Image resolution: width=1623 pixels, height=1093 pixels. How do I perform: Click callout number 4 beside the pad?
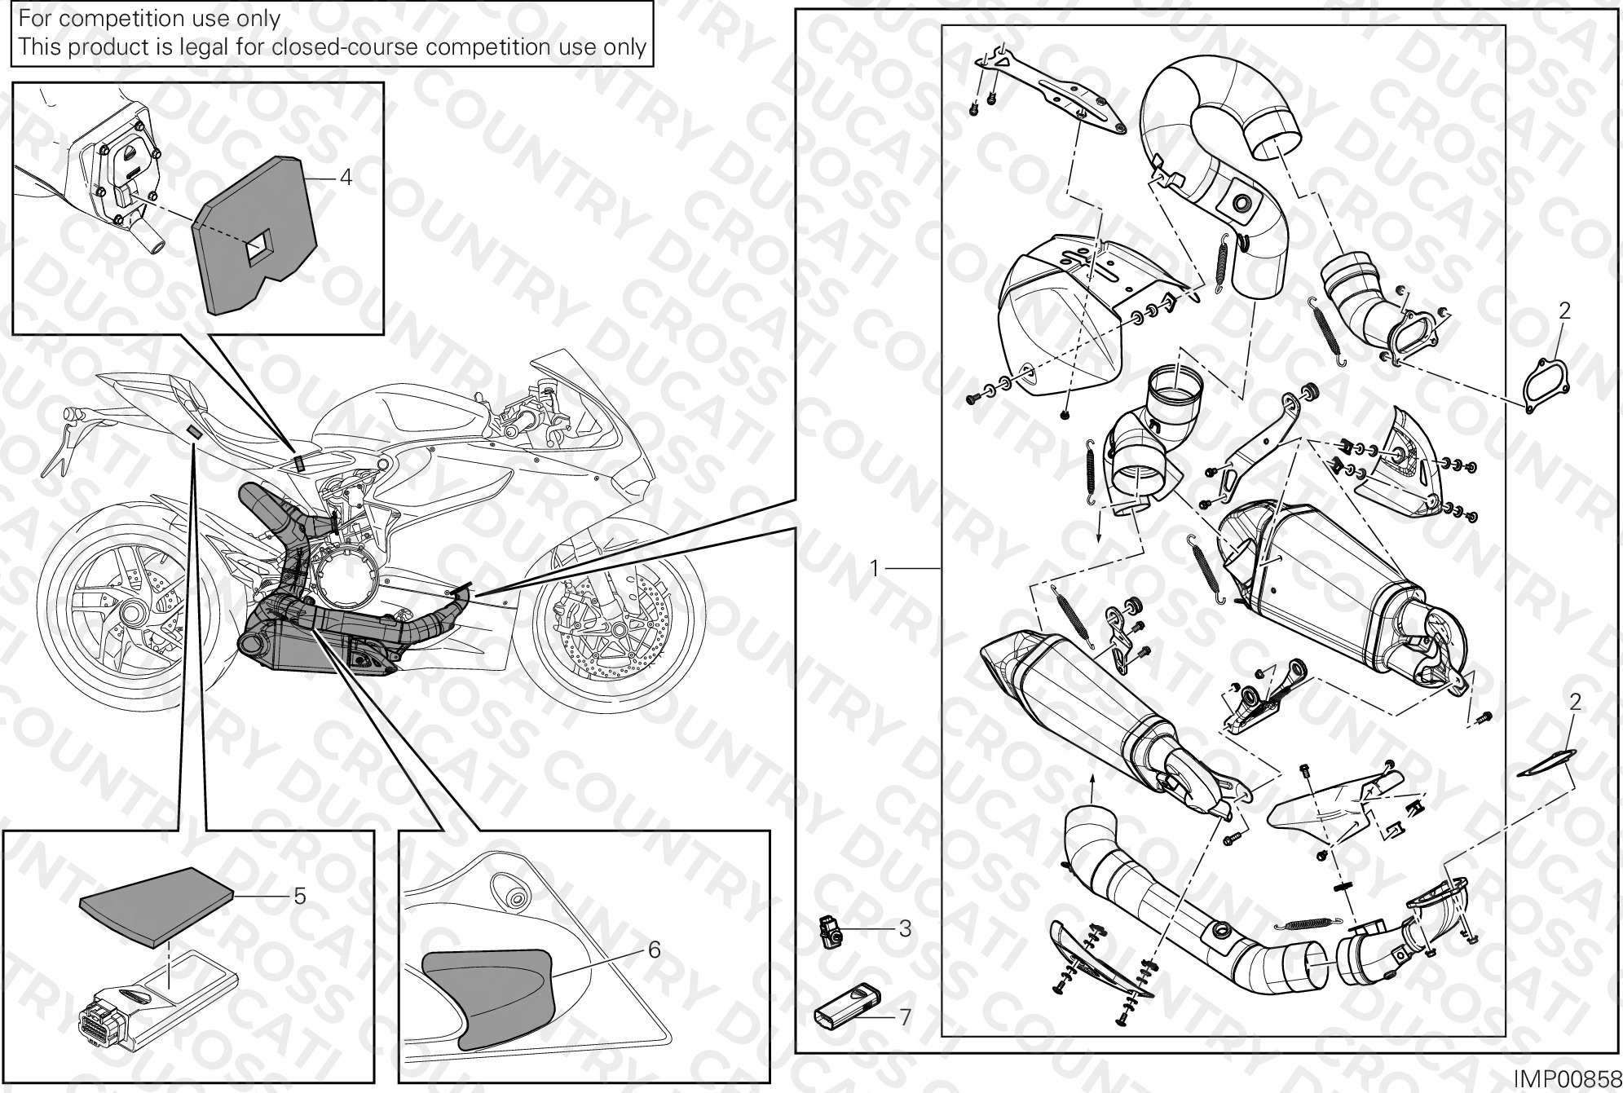(346, 177)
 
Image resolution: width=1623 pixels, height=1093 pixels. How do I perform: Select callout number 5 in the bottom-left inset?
(300, 896)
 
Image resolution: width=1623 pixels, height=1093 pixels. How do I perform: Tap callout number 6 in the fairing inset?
(654, 950)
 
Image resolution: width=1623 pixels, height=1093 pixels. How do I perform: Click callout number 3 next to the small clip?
(905, 928)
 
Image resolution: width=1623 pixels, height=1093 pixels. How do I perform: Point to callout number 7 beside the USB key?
(905, 1017)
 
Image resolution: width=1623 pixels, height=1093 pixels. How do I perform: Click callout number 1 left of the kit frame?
(875, 567)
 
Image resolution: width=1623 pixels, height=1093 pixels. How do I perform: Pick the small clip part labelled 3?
(828, 930)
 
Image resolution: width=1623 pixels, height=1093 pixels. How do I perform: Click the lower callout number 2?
(1575, 702)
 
